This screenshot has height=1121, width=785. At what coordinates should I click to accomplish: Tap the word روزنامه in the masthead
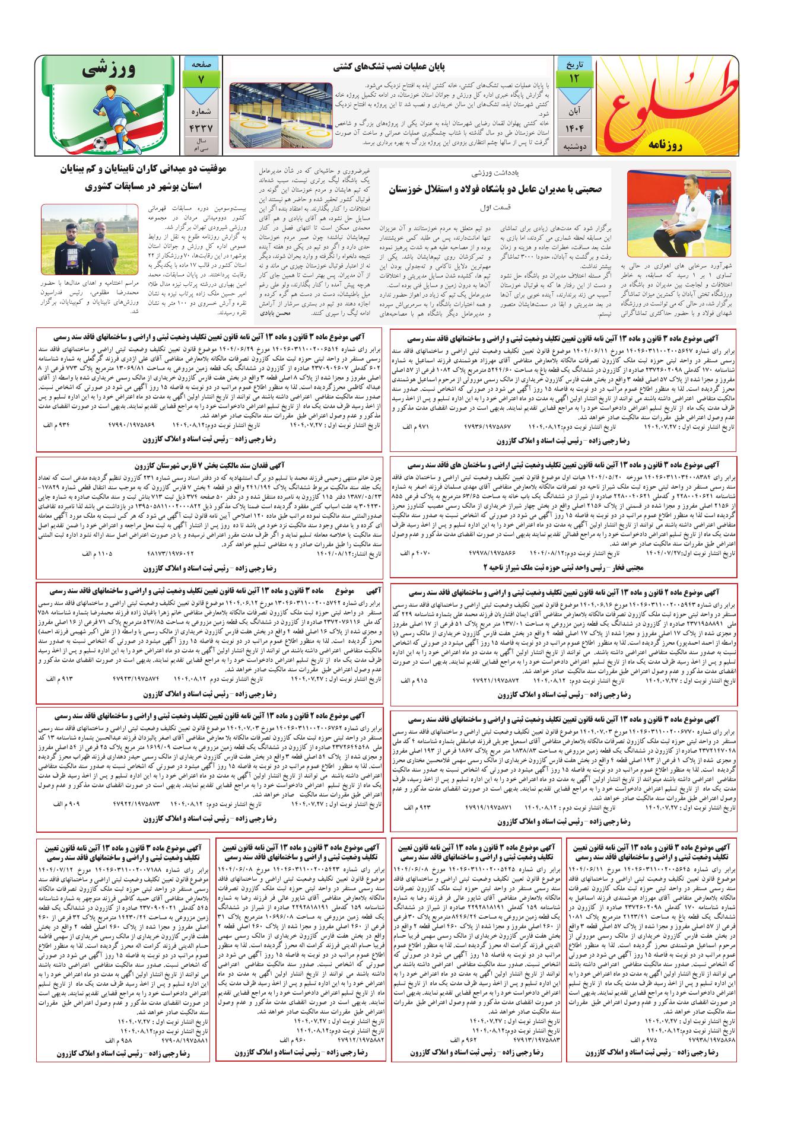[x=666, y=143]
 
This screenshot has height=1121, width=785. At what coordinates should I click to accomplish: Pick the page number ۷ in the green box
[x=200, y=78]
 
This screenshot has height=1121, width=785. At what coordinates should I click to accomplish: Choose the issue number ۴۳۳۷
[x=200, y=128]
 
